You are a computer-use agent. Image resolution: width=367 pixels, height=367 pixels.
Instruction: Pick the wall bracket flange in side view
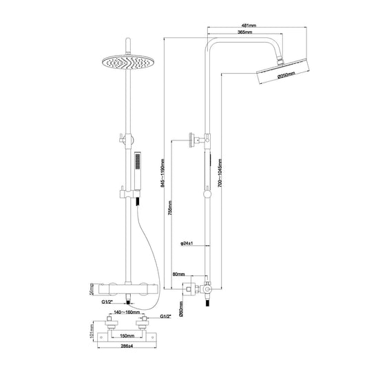click(x=193, y=141)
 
